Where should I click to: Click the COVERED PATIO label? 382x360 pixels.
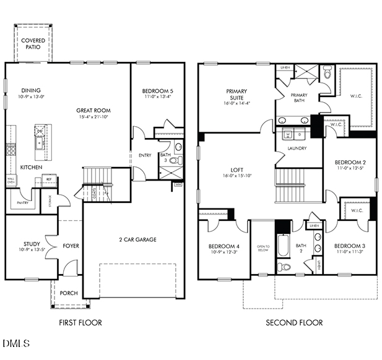pyautogui.click(x=33, y=44)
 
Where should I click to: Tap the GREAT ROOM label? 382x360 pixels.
pyautogui.click(x=93, y=111)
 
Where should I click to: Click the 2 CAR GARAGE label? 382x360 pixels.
pyautogui.click(x=137, y=239)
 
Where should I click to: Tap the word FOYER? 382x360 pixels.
pyautogui.click(x=71, y=246)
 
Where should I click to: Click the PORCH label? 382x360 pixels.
pyautogui.click(x=69, y=293)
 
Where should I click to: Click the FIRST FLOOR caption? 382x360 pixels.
pyautogui.click(x=80, y=322)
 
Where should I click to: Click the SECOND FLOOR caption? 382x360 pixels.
pyautogui.click(x=294, y=322)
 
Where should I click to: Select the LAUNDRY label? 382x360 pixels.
pyautogui.click(x=298, y=148)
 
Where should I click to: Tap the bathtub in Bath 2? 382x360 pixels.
pyautogui.click(x=283, y=247)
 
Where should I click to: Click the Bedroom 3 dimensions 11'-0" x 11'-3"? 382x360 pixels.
pyautogui.click(x=349, y=252)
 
